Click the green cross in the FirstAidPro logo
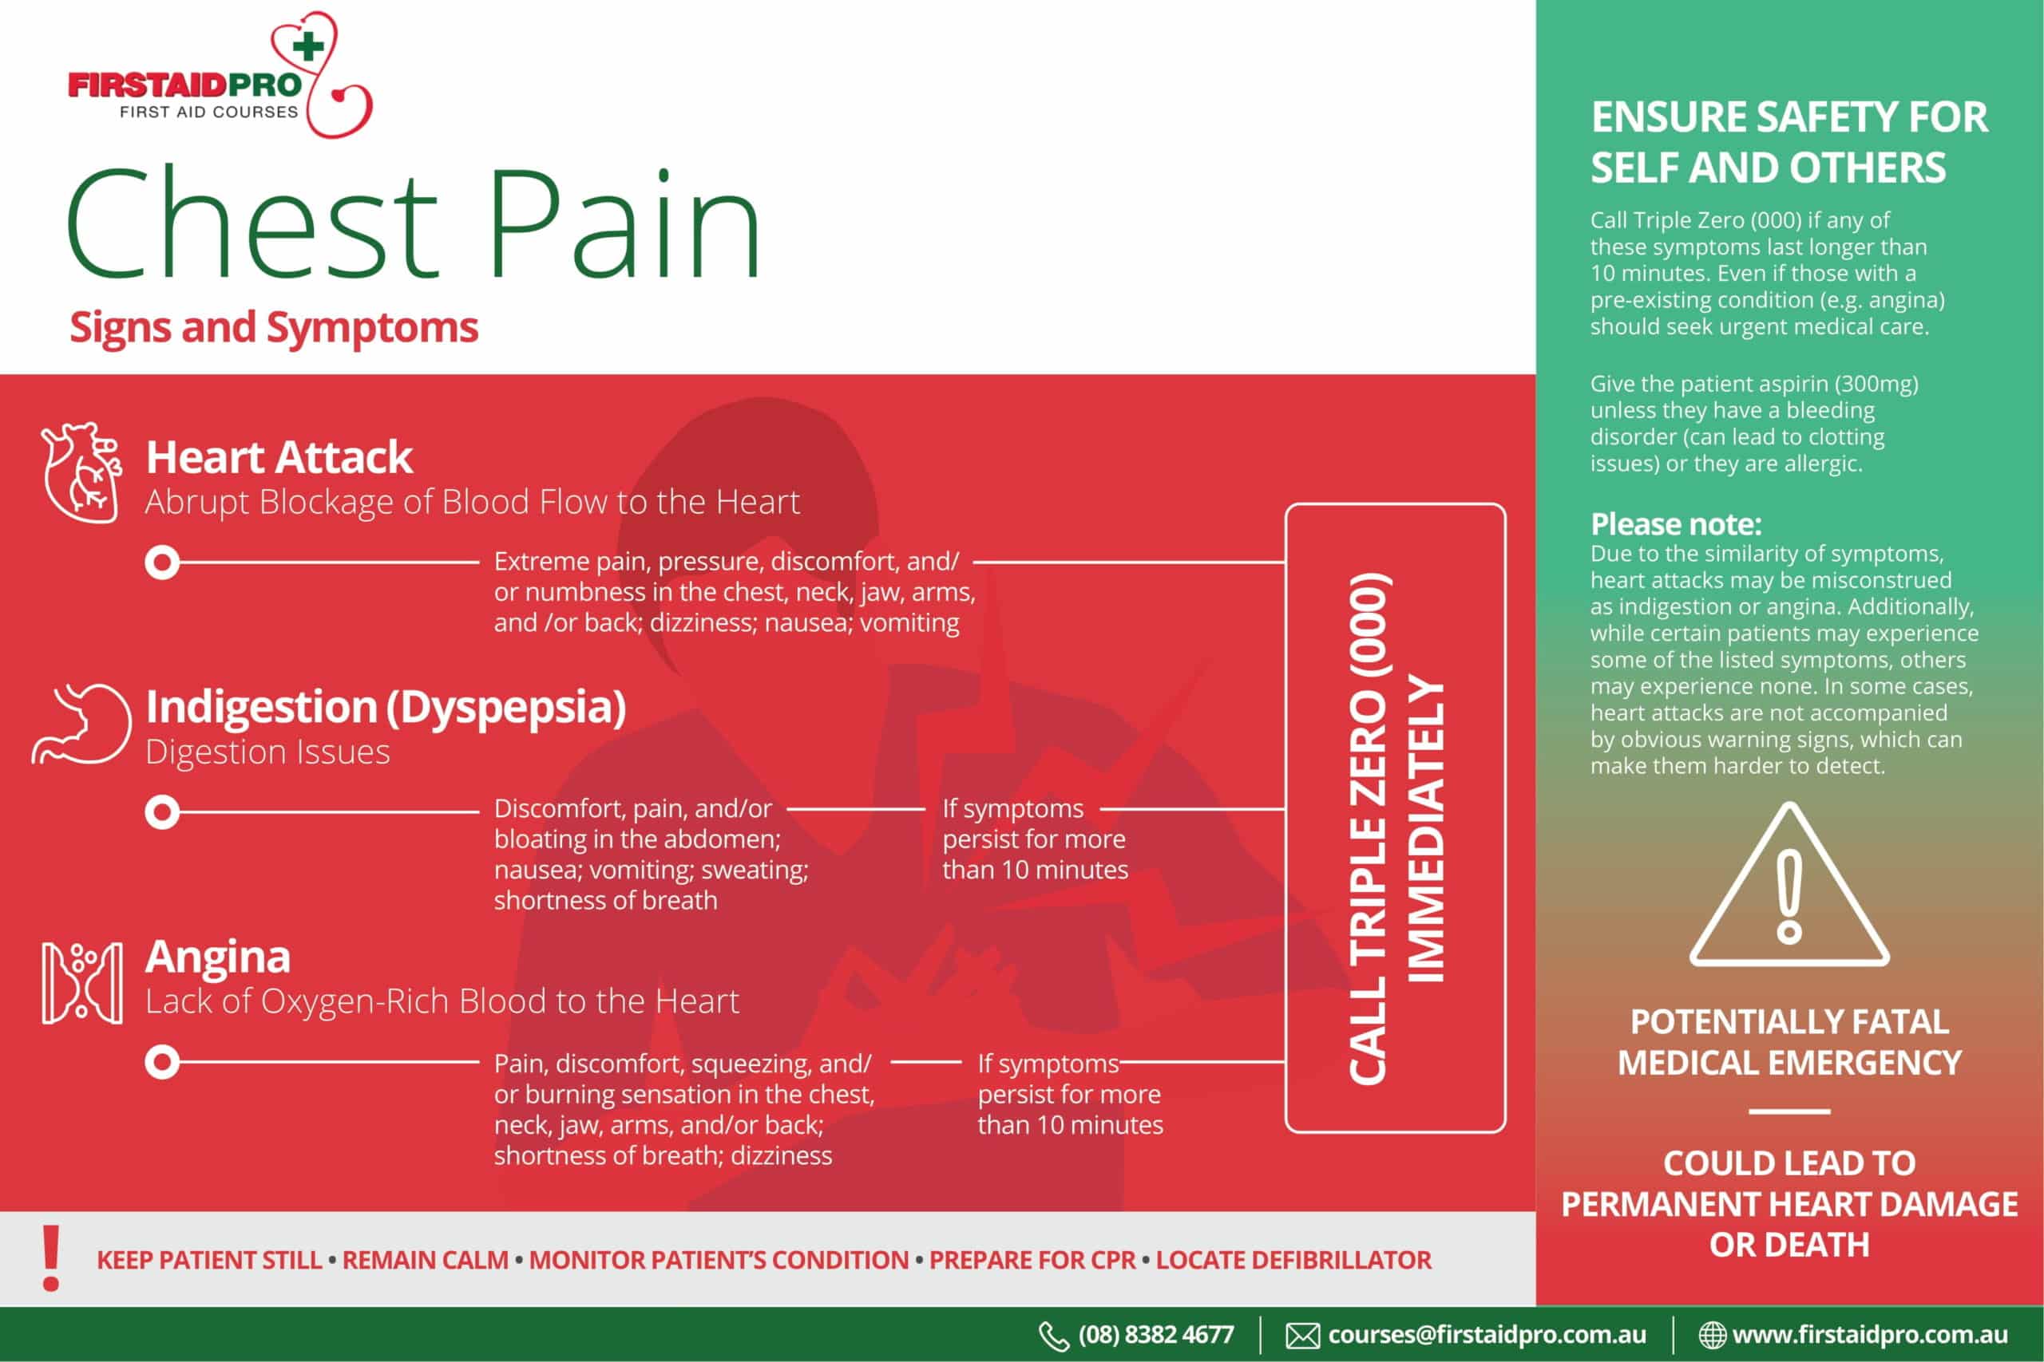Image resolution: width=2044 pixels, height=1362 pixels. [x=307, y=47]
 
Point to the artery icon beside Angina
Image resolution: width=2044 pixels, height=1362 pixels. [x=81, y=983]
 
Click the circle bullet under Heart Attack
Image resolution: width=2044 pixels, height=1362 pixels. [x=161, y=563]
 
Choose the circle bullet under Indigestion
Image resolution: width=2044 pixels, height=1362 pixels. [x=161, y=812]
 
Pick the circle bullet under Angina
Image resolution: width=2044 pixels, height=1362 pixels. [x=161, y=1061]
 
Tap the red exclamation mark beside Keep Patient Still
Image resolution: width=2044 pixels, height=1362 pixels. [x=51, y=1257]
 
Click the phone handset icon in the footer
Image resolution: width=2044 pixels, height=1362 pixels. [x=1053, y=1336]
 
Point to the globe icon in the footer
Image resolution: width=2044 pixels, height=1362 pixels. [x=1712, y=1335]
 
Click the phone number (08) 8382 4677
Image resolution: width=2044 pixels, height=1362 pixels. [x=1156, y=1335]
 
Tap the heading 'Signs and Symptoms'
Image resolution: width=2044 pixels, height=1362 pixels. [x=274, y=327]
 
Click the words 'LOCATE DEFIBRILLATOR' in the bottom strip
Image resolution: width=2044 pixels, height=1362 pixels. [x=1293, y=1260]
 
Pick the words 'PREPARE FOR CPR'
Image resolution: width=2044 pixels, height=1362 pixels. [x=1032, y=1260]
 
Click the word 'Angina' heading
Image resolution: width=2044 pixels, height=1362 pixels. [x=217, y=957]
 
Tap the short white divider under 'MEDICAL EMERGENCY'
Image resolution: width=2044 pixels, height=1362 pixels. [x=1789, y=1111]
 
